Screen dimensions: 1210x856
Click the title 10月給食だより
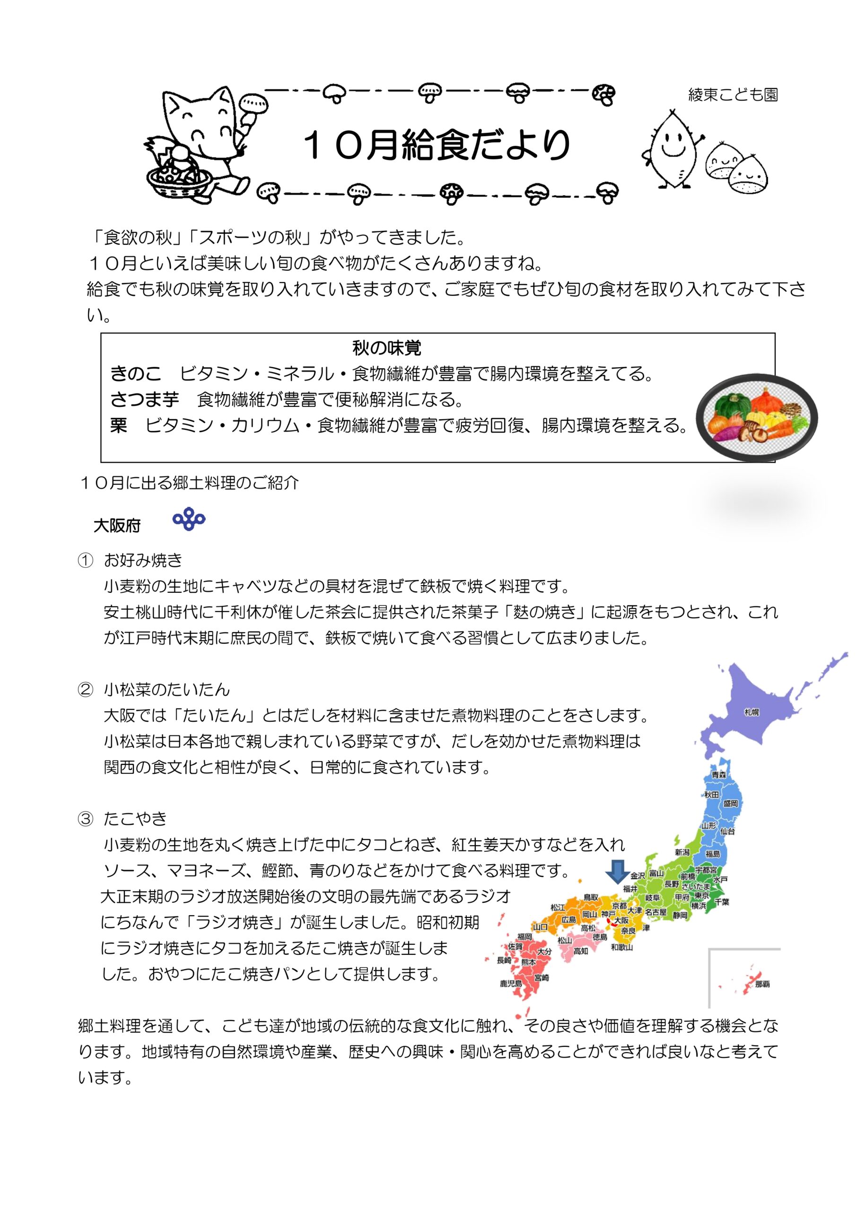click(437, 145)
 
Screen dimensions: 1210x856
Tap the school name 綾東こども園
click(733, 95)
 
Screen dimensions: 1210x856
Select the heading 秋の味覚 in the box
click(386, 348)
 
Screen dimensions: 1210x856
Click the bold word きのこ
click(136, 374)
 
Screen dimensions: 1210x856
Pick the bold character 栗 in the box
click(119, 425)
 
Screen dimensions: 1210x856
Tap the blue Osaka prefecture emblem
click(189, 519)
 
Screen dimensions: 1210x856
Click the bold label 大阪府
click(117, 526)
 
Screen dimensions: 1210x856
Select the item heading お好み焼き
click(143, 560)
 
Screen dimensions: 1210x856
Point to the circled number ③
click(86, 819)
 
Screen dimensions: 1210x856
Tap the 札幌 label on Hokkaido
click(751, 712)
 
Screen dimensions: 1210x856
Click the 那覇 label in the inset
click(761, 984)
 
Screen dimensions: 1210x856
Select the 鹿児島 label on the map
click(511, 984)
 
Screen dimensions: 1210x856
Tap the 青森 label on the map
click(718, 775)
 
